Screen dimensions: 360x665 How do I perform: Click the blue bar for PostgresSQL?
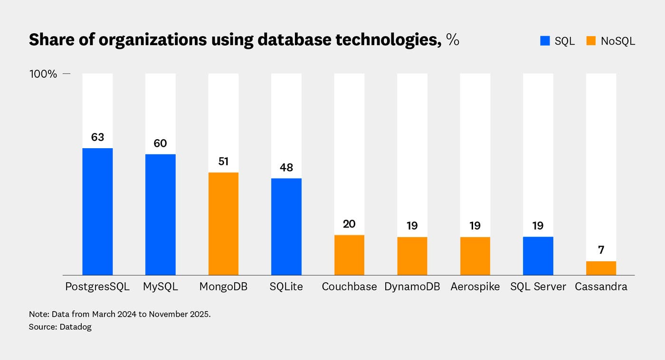pos(97,211)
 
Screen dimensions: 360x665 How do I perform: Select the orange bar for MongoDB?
pos(223,224)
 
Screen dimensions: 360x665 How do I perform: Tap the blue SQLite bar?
pos(286,227)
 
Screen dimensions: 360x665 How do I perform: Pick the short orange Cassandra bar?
pos(601,268)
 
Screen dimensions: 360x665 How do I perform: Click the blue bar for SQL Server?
pos(538,256)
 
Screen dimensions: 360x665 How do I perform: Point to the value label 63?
pos(97,137)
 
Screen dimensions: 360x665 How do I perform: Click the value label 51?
pos(223,161)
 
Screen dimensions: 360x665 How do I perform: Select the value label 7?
pos(601,250)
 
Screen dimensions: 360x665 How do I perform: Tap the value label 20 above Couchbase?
pos(349,224)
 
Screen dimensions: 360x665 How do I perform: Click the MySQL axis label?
pos(160,287)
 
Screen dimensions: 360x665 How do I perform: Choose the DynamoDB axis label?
pos(412,287)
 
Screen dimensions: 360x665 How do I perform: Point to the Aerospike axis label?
pos(475,287)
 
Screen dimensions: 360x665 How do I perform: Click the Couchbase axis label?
pos(349,287)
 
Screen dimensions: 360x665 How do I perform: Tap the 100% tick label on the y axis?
pos(43,74)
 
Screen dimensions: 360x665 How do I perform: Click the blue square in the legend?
pos(545,41)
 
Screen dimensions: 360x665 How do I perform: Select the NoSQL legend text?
pos(617,41)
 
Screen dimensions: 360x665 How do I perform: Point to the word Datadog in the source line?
pos(76,327)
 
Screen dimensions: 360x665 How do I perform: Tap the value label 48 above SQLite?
pos(286,168)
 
